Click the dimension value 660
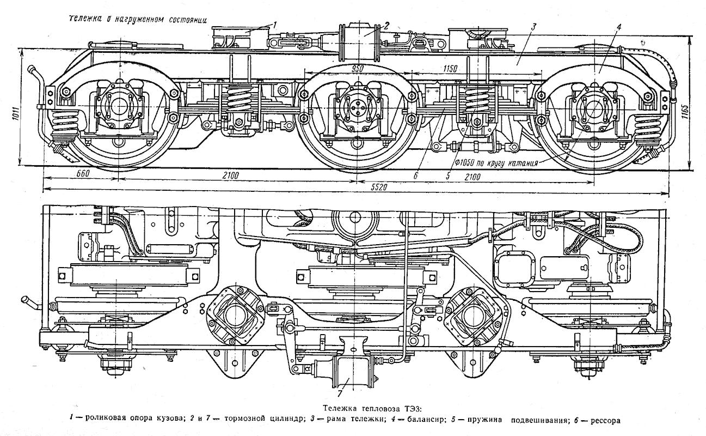click(x=79, y=173)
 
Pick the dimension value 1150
click(x=450, y=69)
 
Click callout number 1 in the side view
click(x=274, y=24)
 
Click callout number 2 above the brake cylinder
click(x=385, y=24)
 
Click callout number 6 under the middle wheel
click(x=415, y=175)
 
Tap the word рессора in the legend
click(x=603, y=420)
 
